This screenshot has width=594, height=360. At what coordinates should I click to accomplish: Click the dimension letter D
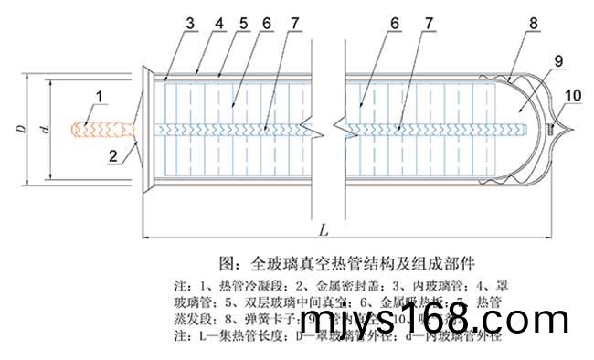point(19,130)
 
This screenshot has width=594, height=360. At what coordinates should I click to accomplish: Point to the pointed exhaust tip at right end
point(564,129)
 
